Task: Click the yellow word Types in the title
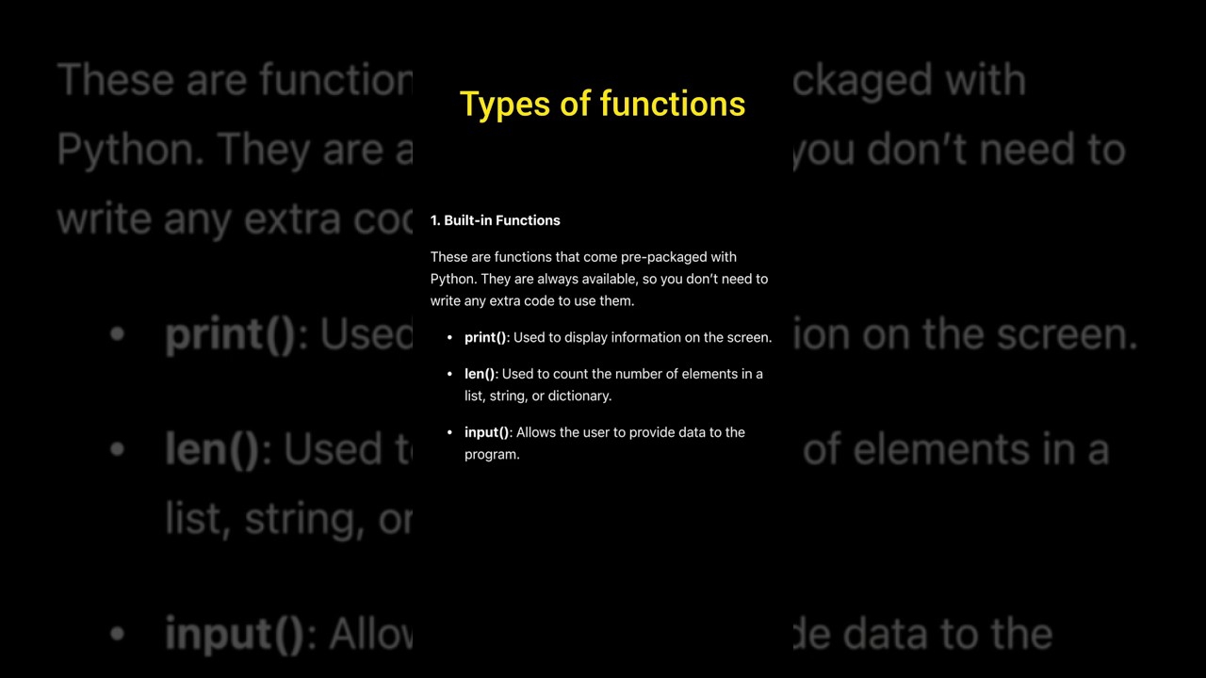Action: (504, 105)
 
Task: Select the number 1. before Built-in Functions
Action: (435, 220)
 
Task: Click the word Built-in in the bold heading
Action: (468, 220)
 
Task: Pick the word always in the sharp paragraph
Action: (558, 279)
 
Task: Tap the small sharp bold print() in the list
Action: (485, 337)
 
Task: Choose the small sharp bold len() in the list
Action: (480, 374)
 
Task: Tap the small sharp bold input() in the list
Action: (487, 432)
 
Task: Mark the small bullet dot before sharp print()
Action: (450, 337)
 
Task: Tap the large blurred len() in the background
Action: (212, 450)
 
